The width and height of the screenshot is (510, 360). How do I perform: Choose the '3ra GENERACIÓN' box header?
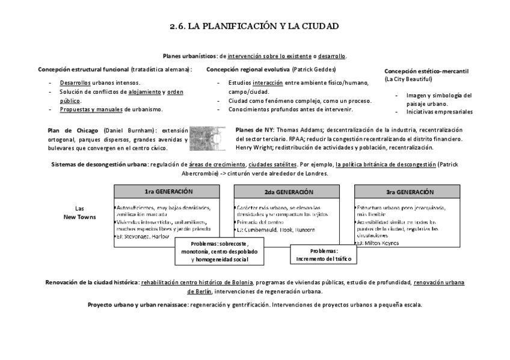point(410,192)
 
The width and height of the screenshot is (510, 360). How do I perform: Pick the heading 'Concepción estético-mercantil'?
point(426,71)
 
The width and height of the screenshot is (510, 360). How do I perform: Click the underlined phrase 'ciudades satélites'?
point(272,165)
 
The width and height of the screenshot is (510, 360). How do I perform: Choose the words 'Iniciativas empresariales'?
point(440,112)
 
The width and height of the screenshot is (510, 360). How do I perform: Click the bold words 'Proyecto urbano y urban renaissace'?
point(137,305)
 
